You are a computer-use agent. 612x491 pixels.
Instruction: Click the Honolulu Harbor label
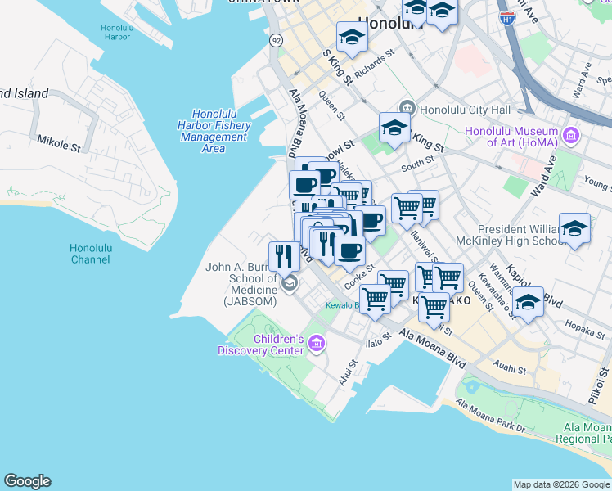[x=115, y=32]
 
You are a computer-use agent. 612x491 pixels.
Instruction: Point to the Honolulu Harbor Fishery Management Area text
[x=214, y=131]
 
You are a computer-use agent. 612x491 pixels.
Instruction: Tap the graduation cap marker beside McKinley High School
[x=574, y=229]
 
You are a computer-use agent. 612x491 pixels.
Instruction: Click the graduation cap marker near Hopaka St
[x=529, y=303]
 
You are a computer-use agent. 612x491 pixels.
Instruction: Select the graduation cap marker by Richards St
[x=352, y=38]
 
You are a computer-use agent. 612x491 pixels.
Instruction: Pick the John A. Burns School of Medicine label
[x=241, y=283]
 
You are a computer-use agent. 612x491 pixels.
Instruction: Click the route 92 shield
[x=276, y=40]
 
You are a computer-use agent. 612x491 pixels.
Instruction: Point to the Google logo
[x=27, y=481]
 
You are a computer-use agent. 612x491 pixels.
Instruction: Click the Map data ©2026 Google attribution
[x=560, y=484]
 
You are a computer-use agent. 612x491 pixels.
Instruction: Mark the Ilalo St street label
[x=379, y=338]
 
